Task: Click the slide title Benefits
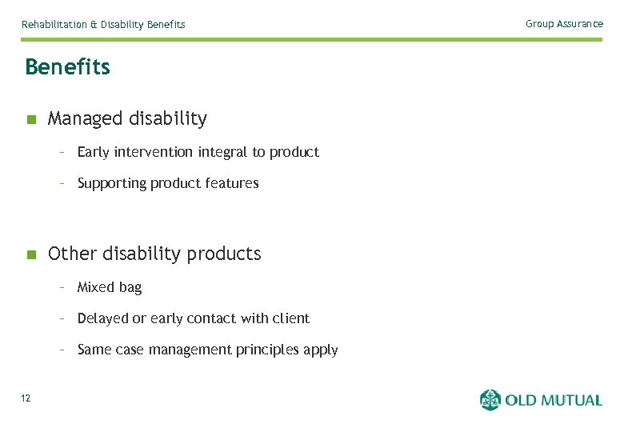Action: point(67,67)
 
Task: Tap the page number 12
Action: point(26,398)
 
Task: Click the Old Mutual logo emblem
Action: point(490,400)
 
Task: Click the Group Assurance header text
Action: point(564,24)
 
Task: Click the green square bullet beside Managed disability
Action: point(31,120)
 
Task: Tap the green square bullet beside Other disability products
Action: point(31,255)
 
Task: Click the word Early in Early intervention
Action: point(94,152)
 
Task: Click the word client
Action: point(291,318)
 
